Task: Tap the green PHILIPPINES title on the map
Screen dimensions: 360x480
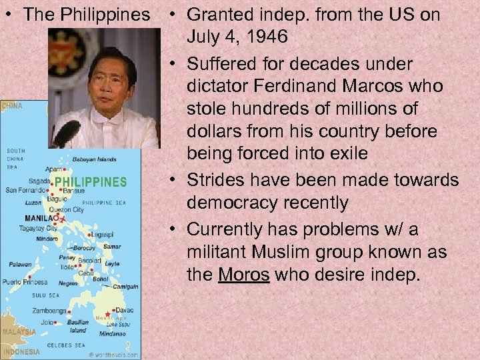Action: (x=90, y=181)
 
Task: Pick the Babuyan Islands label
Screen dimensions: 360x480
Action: (x=94, y=159)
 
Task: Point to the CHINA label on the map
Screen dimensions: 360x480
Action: (x=11, y=105)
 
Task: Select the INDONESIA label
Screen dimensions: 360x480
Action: (x=21, y=351)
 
